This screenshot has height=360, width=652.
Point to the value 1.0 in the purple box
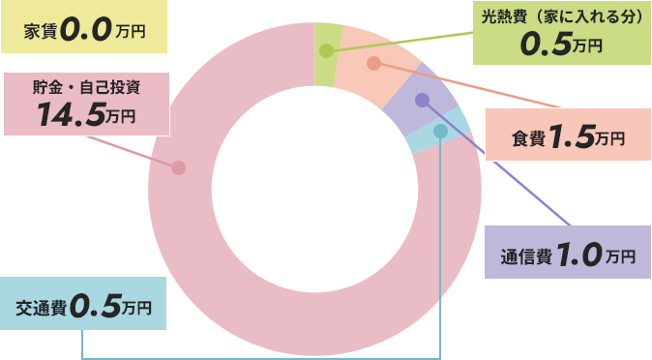point(578,256)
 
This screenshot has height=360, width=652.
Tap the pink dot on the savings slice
point(178,167)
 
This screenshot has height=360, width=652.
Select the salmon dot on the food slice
point(373,63)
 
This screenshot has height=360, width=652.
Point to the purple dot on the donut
point(421,100)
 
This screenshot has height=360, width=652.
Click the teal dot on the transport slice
point(441,131)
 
